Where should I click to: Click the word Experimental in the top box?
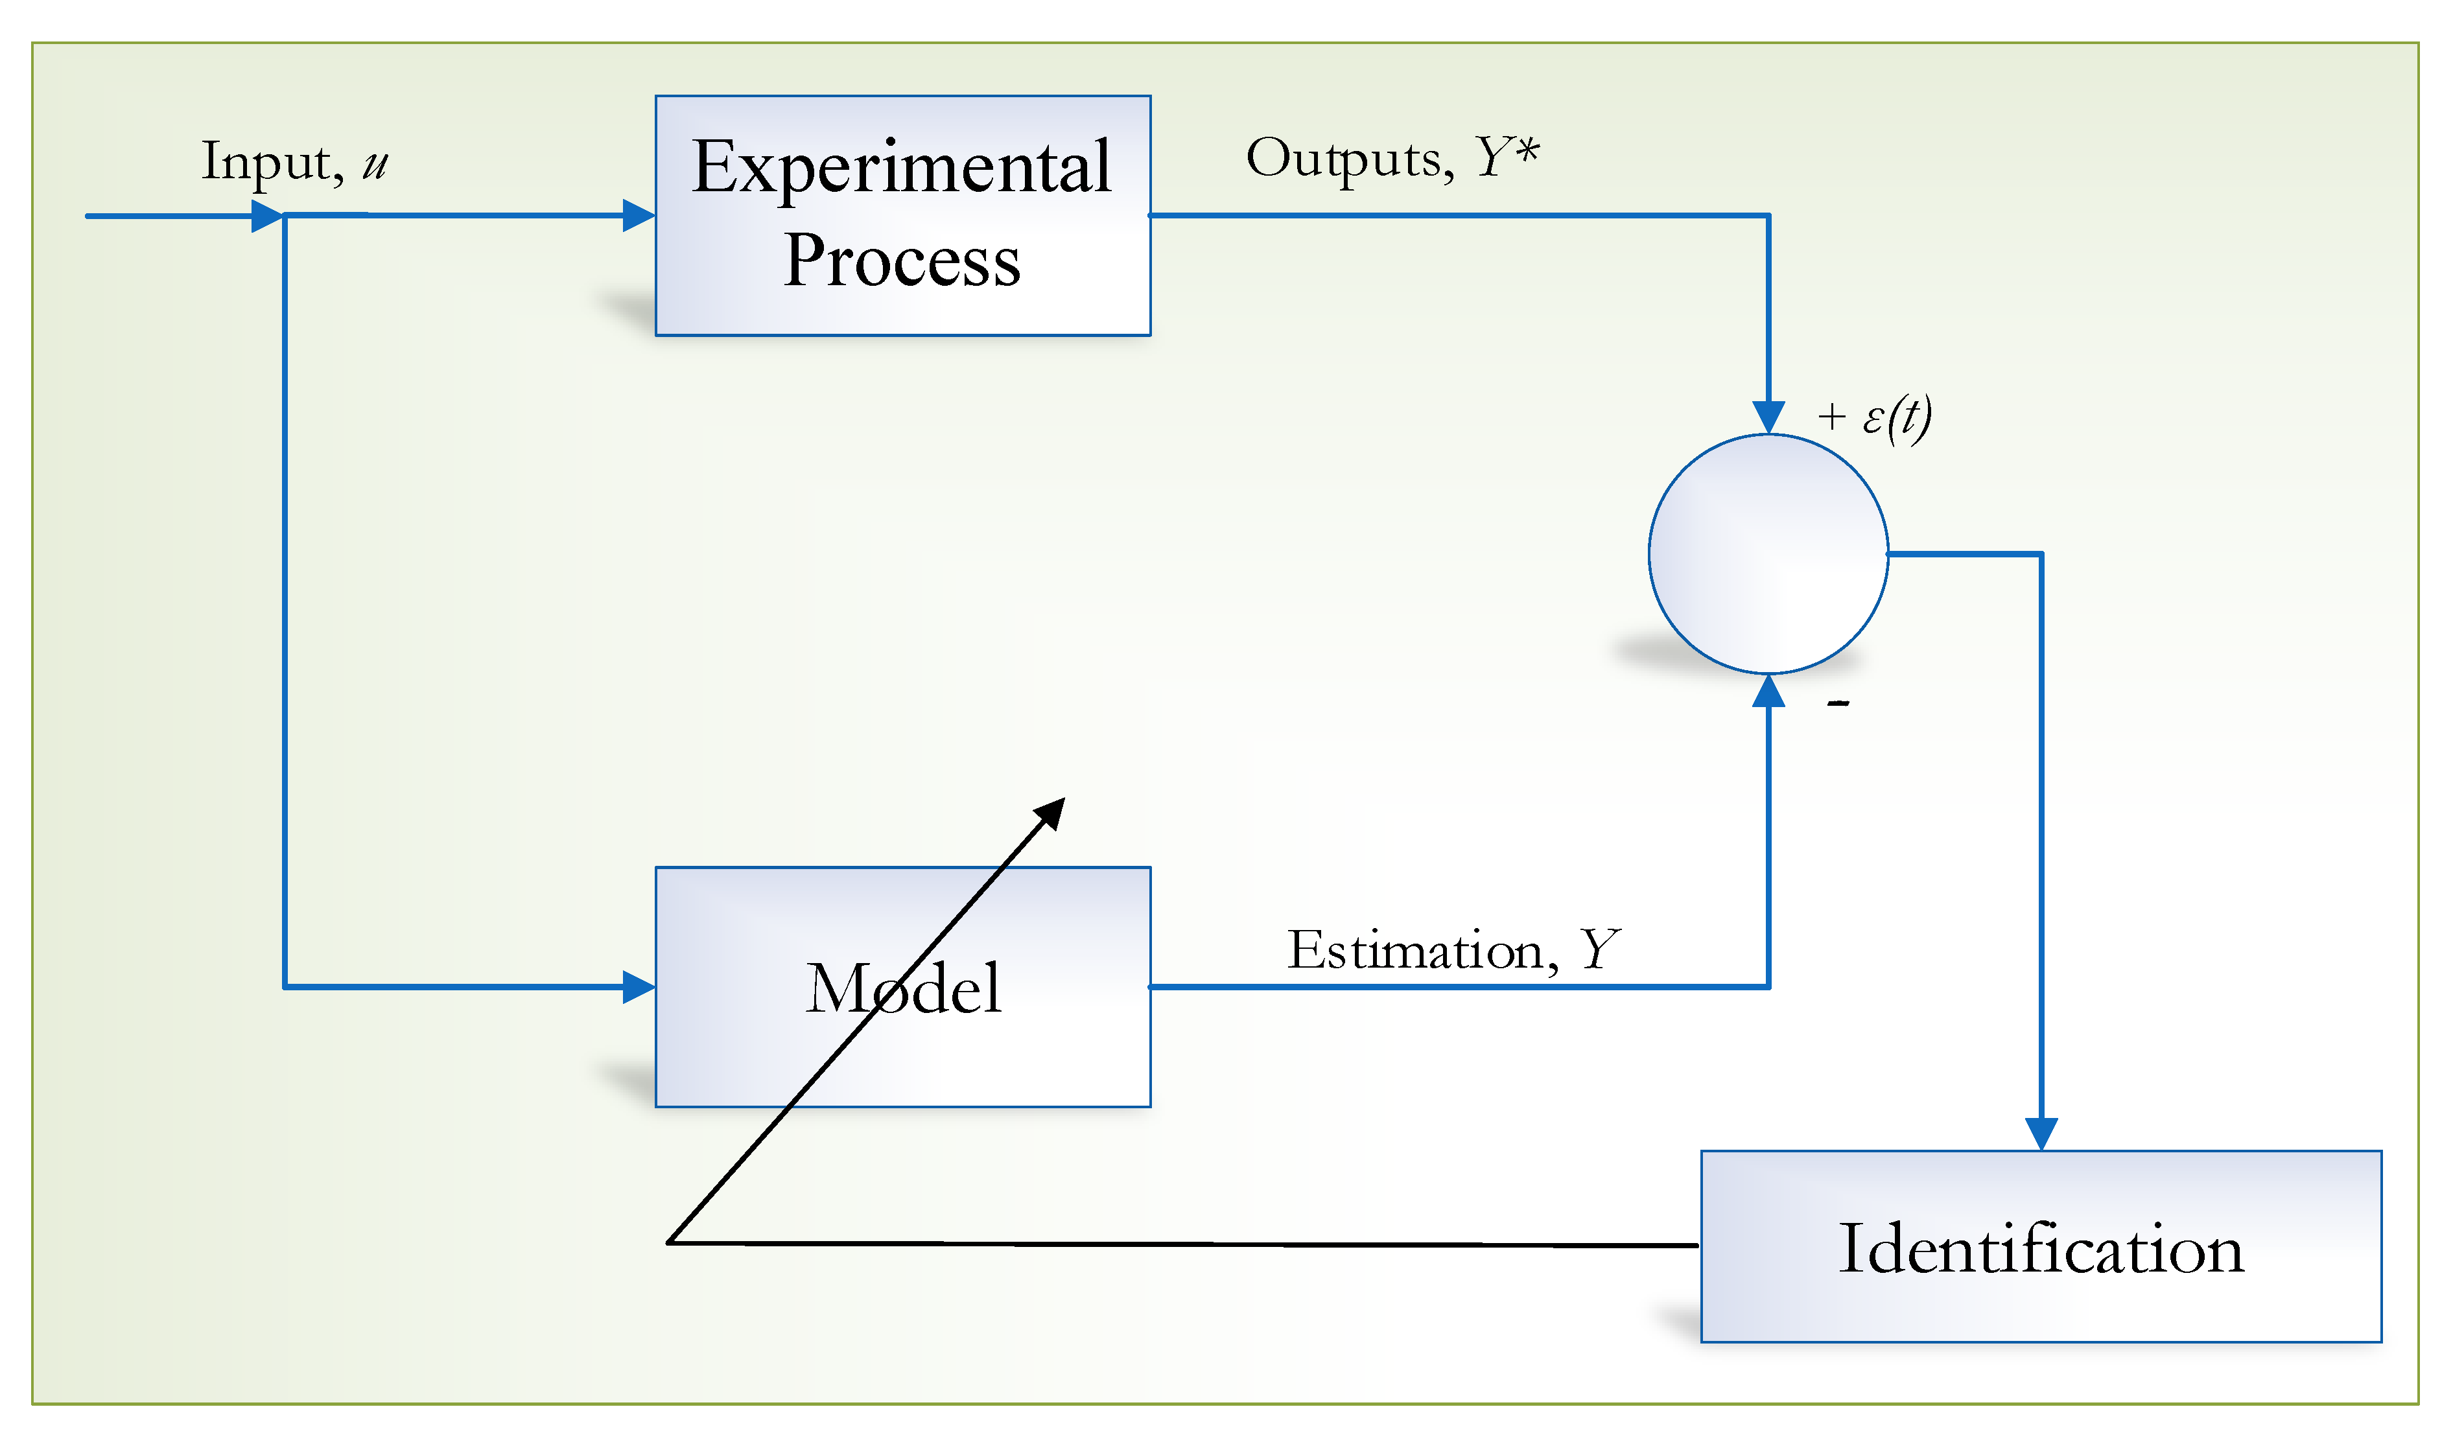pos(900,167)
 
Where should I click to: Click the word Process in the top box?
pos(901,261)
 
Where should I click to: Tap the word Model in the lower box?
pos(902,988)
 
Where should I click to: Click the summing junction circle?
pos(1768,554)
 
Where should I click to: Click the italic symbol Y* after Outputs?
pos(1507,156)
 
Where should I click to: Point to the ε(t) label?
pos(1896,417)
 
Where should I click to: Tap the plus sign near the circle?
pos(1831,417)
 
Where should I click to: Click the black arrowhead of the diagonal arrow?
pos(1051,812)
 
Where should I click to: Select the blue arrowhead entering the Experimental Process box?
pos(639,215)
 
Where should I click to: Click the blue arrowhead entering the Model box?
pos(639,987)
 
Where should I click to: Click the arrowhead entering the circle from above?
pos(1768,417)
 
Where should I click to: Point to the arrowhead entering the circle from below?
pos(1768,691)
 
